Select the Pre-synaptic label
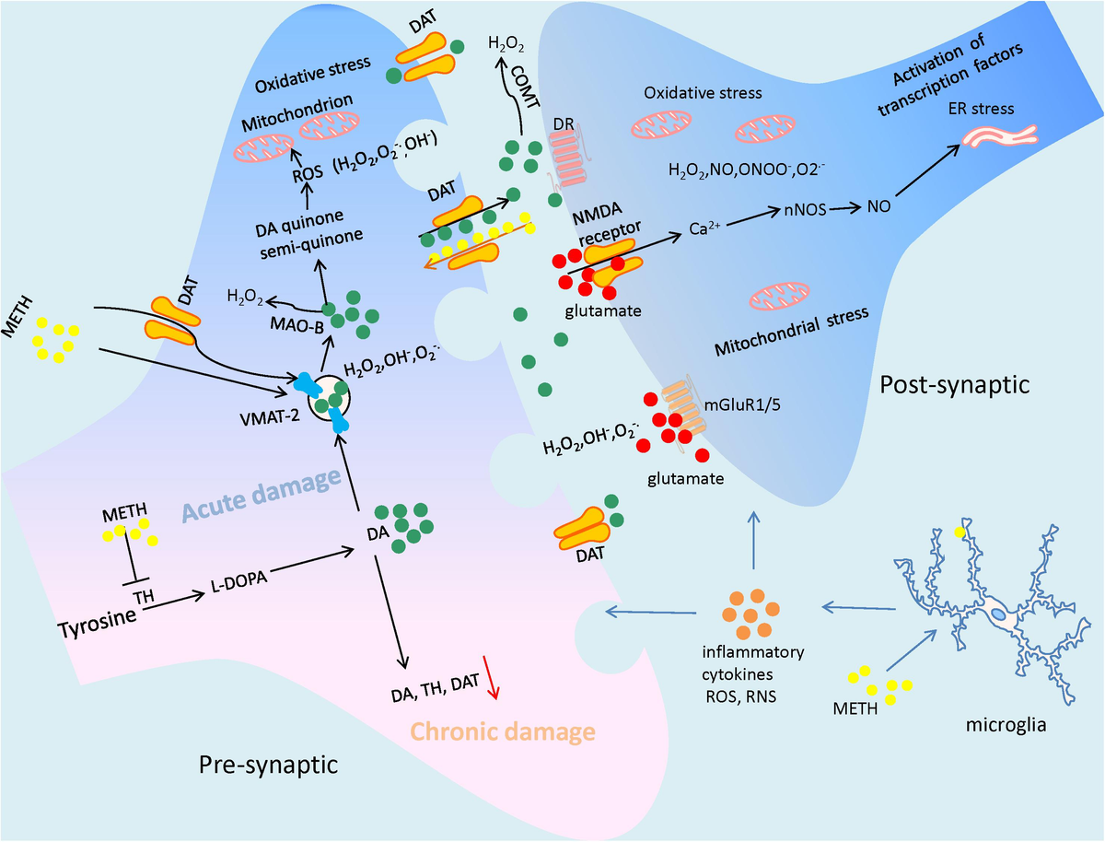[267, 765]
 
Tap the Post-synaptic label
[952, 384]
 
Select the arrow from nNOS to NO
[843, 208]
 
